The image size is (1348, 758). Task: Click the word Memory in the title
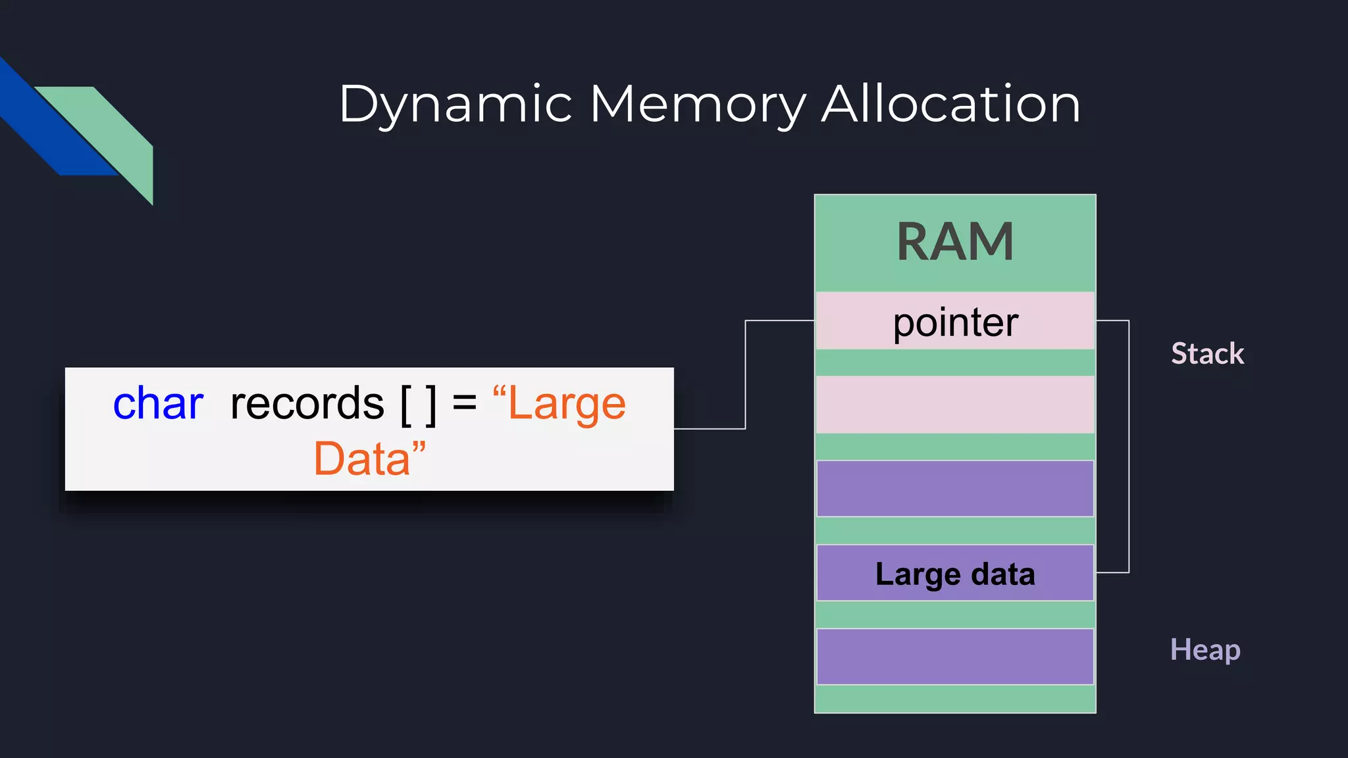pos(698,105)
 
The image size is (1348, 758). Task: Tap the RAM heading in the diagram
pos(955,242)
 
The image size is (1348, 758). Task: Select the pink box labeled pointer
pos(955,322)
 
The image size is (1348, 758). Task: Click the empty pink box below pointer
pos(955,405)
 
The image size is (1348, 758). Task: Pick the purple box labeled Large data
pos(955,574)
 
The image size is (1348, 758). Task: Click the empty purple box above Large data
pos(955,489)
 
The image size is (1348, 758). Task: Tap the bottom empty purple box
pos(955,657)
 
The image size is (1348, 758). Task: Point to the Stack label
pos(1207,354)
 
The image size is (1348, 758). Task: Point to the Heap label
pos(1205,650)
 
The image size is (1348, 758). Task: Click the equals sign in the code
pos(465,402)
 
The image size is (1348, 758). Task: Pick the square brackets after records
pos(419,405)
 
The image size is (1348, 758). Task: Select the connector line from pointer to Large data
pos(1129,447)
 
